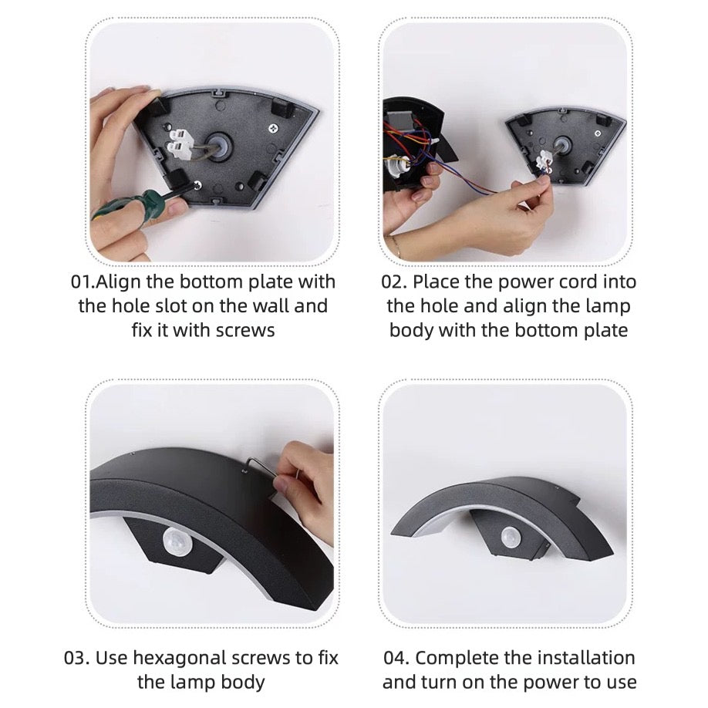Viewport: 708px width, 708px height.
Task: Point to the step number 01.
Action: pyautogui.click(x=82, y=282)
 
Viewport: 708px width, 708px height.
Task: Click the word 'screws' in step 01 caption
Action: pyautogui.click(x=245, y=331)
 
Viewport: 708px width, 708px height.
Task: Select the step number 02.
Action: pyautogui.click(x=392, y=282)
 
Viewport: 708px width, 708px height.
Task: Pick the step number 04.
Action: pyautogui.click(x=395, y=658)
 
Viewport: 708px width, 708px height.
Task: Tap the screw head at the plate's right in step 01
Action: pyautogui.click(x=273, y=129)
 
